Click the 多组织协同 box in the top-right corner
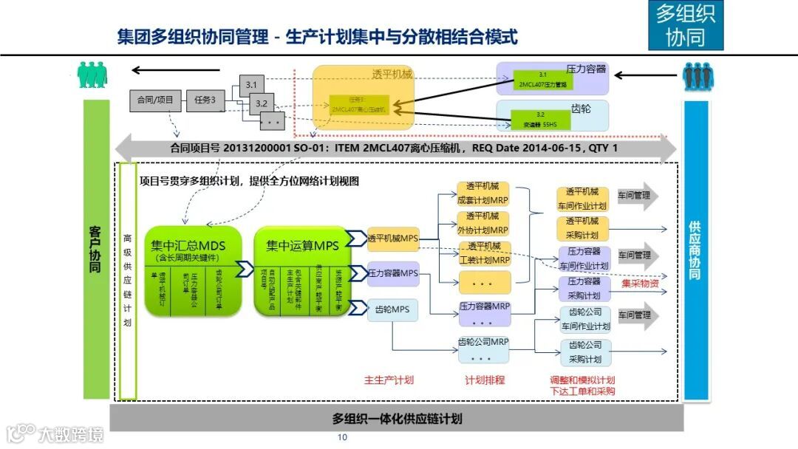[685, 25]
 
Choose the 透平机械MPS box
[393, 238]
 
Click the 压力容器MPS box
[393, 273]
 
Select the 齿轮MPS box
[393, 309]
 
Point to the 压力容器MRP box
[485, 306]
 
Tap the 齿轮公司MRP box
[485, 342]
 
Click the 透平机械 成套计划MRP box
[485, 193]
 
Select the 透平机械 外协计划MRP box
[485, 222]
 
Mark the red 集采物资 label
[639, 284]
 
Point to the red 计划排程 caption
[485, 380]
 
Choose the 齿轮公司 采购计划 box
[584, 352]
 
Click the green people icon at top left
[92, 73]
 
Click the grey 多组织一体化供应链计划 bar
[397, 419]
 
